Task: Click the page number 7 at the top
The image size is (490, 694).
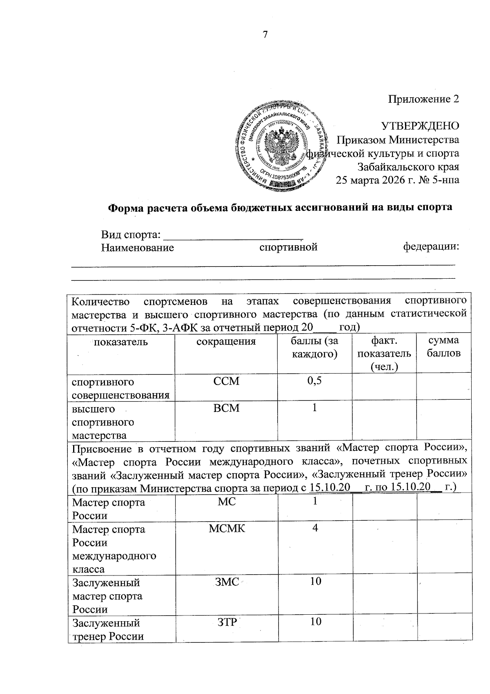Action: click(x=265, y=35)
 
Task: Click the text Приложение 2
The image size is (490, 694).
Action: click(x=423, y=99)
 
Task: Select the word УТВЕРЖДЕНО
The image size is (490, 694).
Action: click(x=420, y=126)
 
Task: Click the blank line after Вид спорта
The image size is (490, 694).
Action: click(x=233, y=235)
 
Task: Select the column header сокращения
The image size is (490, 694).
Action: click(x=226, y=341)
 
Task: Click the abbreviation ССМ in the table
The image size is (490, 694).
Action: click(x=226, y=381)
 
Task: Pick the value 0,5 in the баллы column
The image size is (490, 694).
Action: click(x=314, y=381)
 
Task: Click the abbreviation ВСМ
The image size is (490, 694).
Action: click(x=226, y=408)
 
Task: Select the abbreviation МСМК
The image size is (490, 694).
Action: click(x=227, y=528)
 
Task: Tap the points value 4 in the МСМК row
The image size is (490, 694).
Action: click(x=315, y=528)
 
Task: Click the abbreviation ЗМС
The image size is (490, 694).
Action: click(x=227, y=582)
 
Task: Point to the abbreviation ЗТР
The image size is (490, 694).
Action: click(x=227, y=622)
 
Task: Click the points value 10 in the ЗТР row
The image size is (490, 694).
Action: click(x=315, y=622)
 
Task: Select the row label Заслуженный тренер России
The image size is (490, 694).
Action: click(x=108, y=629)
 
